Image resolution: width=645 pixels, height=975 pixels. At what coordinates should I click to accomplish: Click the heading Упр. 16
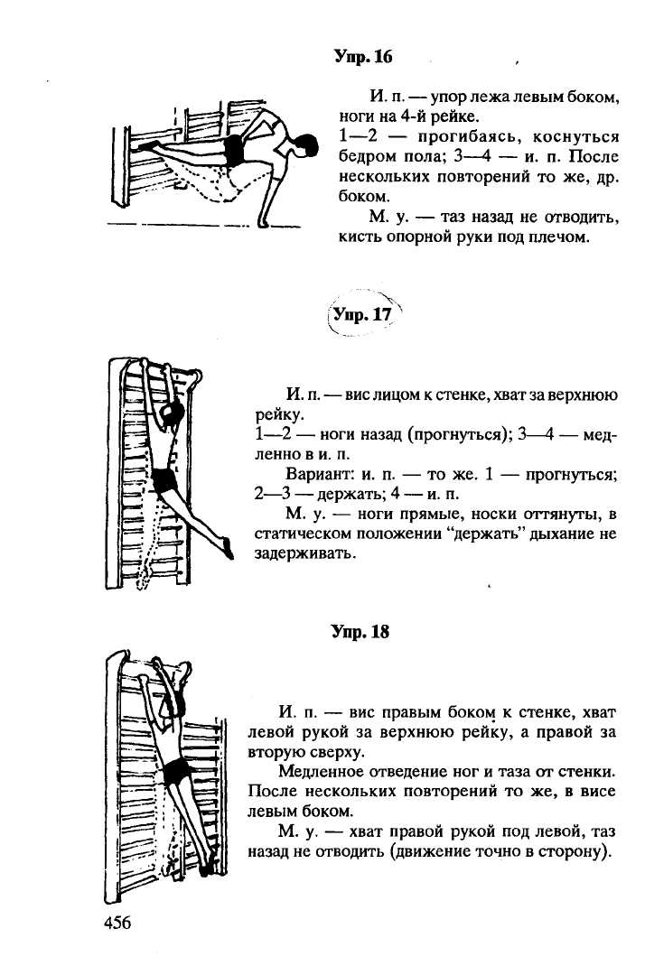point(363,57)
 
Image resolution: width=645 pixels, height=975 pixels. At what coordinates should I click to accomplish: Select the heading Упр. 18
point(360,632)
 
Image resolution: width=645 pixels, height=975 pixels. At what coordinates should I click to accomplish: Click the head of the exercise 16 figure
point(306,144)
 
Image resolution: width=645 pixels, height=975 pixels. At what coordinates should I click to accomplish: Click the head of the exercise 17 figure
point(169,413)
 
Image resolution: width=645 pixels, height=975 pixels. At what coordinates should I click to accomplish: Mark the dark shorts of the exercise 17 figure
point(165,479)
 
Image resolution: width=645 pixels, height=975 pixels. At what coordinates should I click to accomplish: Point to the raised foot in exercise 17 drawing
point(229,545)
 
